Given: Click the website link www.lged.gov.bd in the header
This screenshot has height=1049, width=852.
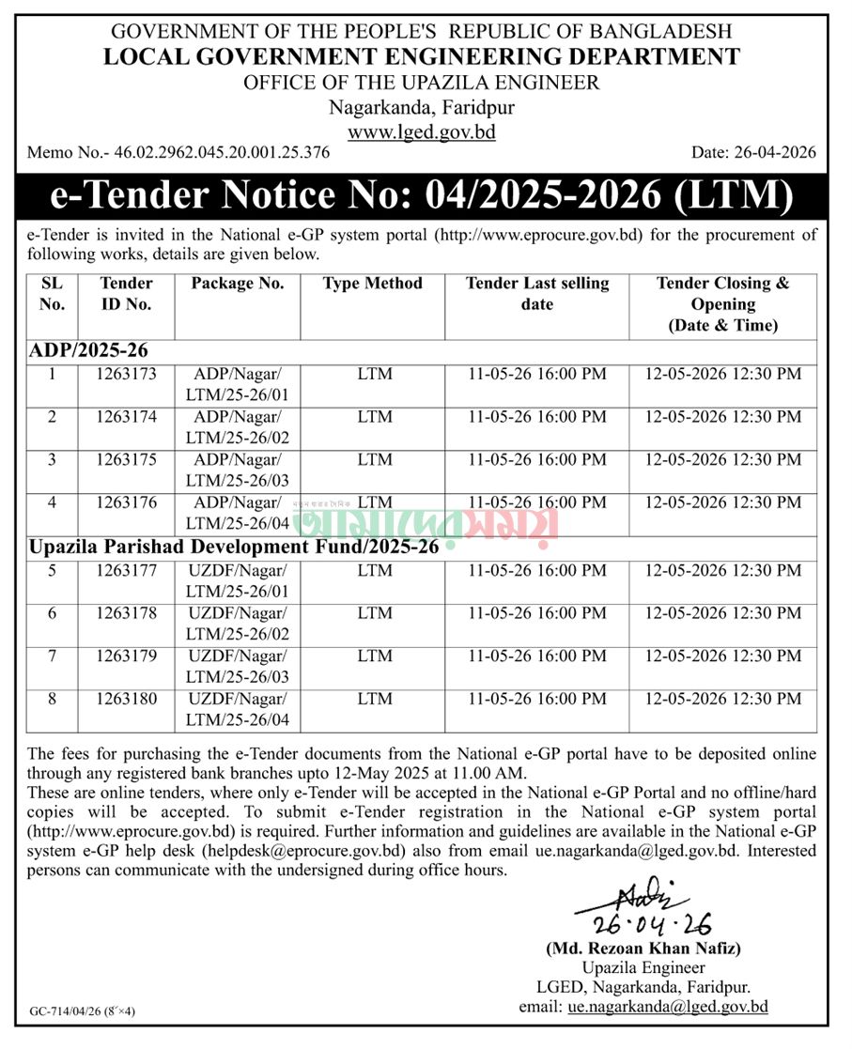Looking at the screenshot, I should [x=421, y=131].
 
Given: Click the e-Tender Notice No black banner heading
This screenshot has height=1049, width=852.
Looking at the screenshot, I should [x=421, y=195].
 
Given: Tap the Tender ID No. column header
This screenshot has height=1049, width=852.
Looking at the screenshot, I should [x=126, y=293].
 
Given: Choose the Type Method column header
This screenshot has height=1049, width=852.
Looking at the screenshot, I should [x=373, y=284].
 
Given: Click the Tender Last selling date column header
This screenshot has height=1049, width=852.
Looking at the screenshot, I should [x=536, y=293].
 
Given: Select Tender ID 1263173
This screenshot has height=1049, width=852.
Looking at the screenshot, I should [x=126, y=374].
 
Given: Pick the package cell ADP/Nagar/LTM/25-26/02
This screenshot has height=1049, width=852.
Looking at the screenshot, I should [x=238, y=426].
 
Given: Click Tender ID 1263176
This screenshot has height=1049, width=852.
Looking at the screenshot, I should [x=126, y=502].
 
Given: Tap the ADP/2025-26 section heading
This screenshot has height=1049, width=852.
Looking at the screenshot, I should [x=88, y=350].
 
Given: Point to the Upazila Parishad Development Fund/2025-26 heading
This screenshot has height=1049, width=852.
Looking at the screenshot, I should [x=234, y=548].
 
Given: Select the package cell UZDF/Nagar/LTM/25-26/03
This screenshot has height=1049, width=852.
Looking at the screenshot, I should [x=238, y=666].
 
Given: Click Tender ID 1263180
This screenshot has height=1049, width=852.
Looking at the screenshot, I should [x=126, y=699].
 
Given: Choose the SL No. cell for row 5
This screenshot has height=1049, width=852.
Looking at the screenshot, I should [x=53, y=570].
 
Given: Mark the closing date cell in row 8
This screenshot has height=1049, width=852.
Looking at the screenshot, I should [x=723, y=699].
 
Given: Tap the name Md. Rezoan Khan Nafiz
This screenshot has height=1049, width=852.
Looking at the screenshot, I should [x=643, y=949].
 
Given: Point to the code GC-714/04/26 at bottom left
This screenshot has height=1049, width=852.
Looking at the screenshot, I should [x=83, y=1012].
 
